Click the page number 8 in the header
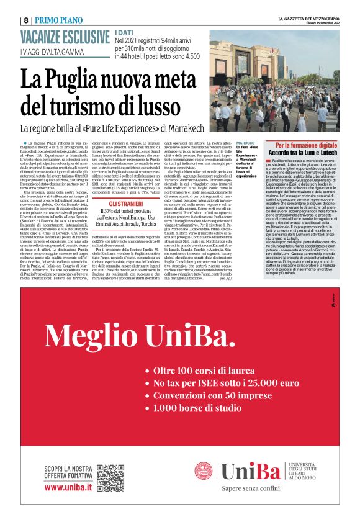tap(24, 20)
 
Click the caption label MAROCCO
tap(245, 143)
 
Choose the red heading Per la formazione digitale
tap(301, 145)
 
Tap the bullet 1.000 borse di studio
tap(197, 408)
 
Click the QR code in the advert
tap(110, 477)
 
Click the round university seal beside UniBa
tap(204, 471)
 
